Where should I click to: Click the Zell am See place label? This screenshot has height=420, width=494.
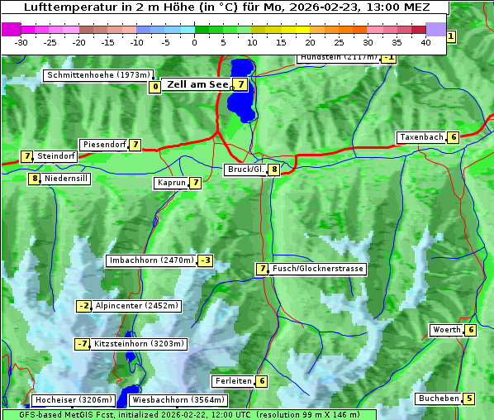[x=197, y=84]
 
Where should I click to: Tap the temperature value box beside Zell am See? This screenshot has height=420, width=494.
[x=240, y=84]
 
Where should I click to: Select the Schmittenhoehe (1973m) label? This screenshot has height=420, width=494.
[x=97, y=75]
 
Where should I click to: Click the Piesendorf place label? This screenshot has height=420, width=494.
[x=104, y=145]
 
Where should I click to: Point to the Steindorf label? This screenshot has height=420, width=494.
[x=56, y=156]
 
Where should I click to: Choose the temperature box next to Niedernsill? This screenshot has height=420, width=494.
[x=35, y=179]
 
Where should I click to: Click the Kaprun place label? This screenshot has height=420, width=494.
[x=172, y=183]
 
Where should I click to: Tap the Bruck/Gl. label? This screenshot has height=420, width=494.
[x=245, y=169]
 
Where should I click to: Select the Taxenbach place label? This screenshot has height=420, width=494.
[x=421, y=137]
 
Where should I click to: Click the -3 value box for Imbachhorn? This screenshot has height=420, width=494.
[x=206, y=261]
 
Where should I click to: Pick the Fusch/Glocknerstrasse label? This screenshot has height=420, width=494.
[x=318, y=269]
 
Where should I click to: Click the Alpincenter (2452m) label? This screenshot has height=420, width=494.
[x=137, y=306]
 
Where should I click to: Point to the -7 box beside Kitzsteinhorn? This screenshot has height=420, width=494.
[x=82, y=344]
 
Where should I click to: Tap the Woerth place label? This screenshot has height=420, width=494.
[x=447, y=331]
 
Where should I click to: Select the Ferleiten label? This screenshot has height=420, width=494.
[x=233, y=381]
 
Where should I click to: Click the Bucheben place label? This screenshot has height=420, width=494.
[x=439, y=399]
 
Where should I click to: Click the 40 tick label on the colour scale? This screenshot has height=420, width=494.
[x=425, y=42]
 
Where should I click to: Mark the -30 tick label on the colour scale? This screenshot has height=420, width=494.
[x=21, y=42]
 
